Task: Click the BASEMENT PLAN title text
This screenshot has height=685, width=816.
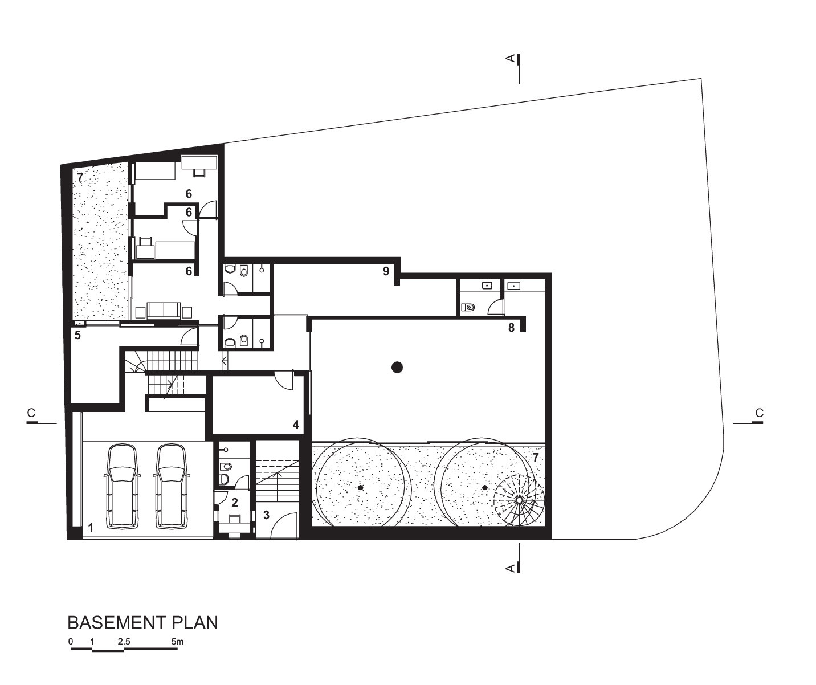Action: (x=142, y=622)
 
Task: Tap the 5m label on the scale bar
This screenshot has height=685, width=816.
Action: (x=177, y=642)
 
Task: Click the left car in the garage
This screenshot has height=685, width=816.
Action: (x=123, y=486)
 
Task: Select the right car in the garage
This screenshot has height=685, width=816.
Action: (x=172, y=486)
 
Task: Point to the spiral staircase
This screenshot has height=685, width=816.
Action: (x=519, y=500)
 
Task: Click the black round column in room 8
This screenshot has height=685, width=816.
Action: (x=397, y=367)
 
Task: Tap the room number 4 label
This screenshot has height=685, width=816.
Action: (x=296, y=425)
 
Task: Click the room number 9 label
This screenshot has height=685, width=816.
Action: (x=386, y=271)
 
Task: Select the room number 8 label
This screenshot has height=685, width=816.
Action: (x=511, y=328)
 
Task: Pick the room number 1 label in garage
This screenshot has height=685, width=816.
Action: (x=91, y=528)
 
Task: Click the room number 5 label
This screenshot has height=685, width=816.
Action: (x=77, y=335)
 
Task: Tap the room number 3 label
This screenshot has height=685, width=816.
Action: (x=266, y=515)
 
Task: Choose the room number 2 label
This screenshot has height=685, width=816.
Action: (x=234, y=503)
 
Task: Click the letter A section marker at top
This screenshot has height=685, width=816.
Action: (x=511, y=58)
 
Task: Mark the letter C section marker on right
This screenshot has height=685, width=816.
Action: (x=759, y=413)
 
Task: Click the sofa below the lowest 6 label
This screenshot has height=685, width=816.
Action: (x=164, y=310)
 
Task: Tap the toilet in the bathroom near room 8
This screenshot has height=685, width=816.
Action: (x=468, y=308)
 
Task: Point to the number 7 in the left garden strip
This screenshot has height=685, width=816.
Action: (x=80, y=177)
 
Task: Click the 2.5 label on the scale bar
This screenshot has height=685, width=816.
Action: (x=124, y=642)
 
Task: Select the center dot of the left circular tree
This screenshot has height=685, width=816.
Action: (x=360, y=488)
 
